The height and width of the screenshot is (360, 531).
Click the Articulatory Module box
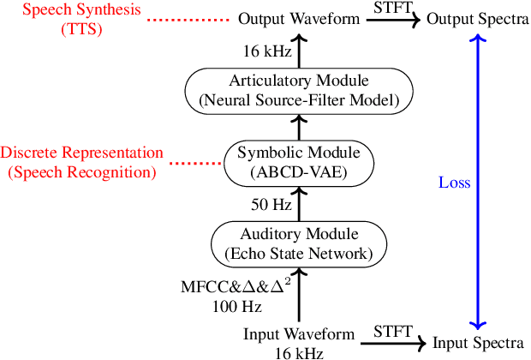[299, 91]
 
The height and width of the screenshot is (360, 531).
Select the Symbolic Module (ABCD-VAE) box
[299, 162]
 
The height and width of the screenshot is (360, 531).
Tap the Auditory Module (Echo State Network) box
[299, 243]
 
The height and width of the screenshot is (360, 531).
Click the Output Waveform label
[299, 19]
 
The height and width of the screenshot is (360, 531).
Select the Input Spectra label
[478, 343]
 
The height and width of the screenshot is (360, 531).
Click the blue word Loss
[454, 183]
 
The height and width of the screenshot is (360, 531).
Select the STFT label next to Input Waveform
[391, 332]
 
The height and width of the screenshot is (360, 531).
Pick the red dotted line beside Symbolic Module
[194, 162]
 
